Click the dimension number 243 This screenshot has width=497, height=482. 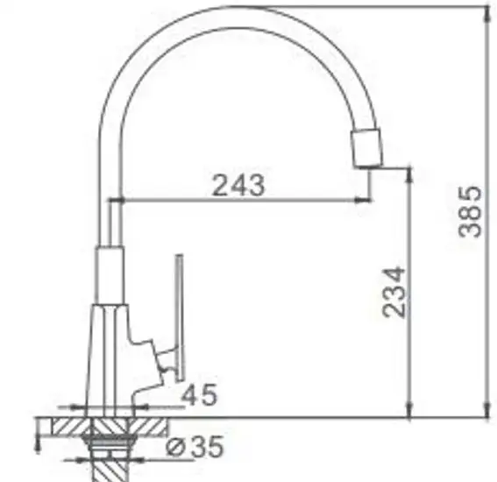(238, 184)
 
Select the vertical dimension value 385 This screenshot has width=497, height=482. (472, 210)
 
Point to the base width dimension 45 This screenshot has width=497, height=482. (201, 395)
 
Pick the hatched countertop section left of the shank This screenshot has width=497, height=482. (64, 428)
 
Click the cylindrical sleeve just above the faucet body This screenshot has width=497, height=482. (108, 275)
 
